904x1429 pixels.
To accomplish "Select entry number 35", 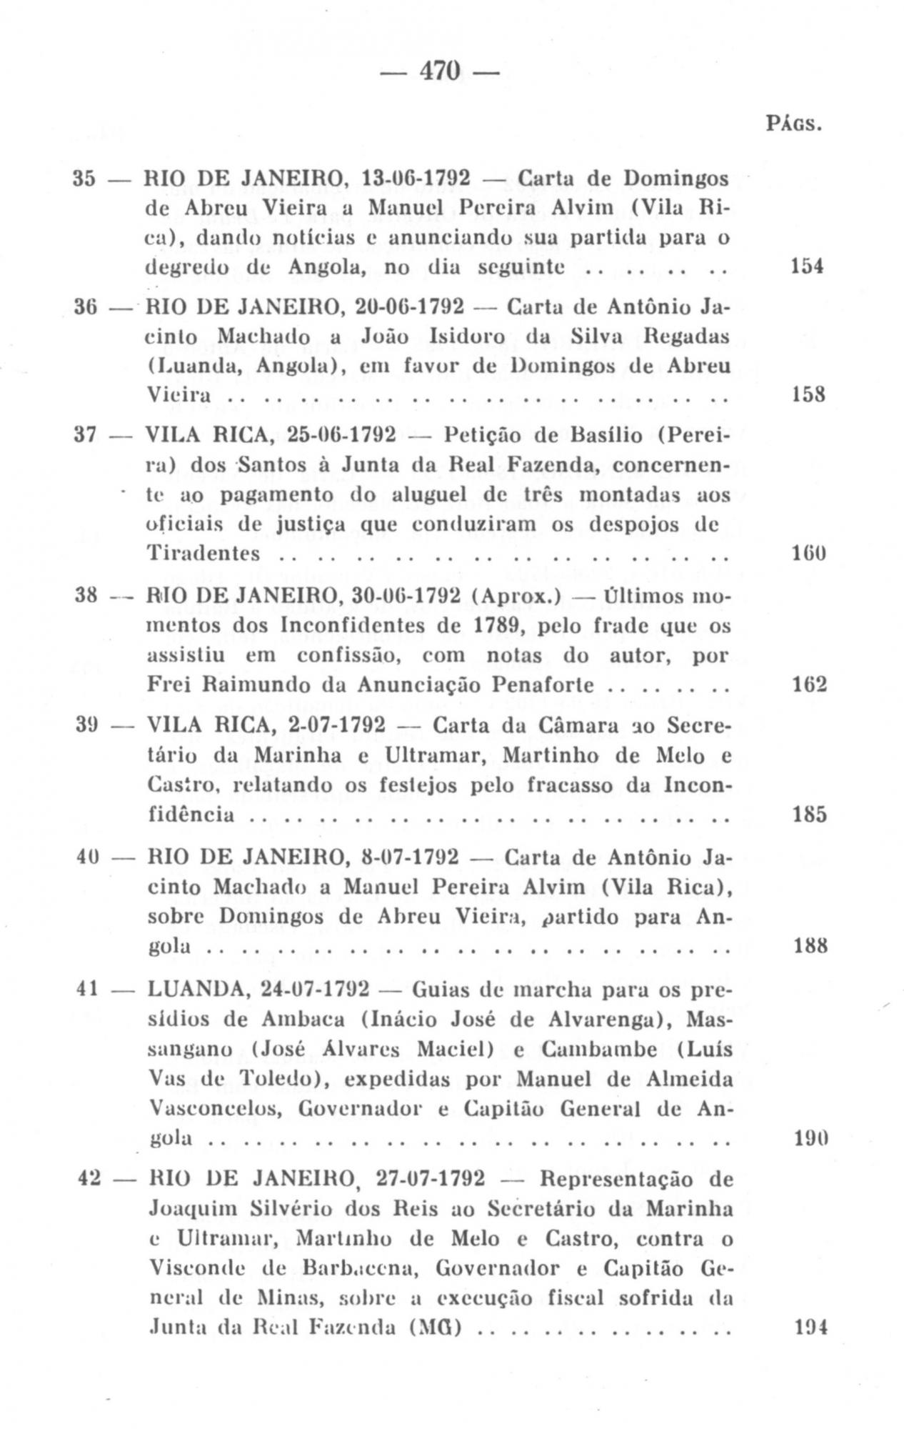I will pyautogui.click(x=85, y=178).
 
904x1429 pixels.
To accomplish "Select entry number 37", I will pyautogui.click(x=86, y=434).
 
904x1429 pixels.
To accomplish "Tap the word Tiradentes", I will pyautogui.click(x=203, y=553).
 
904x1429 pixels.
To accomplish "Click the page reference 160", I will pyautogui.click(x=808, y=553).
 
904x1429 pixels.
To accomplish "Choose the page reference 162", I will pyautogui.click(x=810, y=684).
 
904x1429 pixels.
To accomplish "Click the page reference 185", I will pyautogui.click(x=810, y=815).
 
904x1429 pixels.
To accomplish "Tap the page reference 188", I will pyautogui.click(x=810, y=946).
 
